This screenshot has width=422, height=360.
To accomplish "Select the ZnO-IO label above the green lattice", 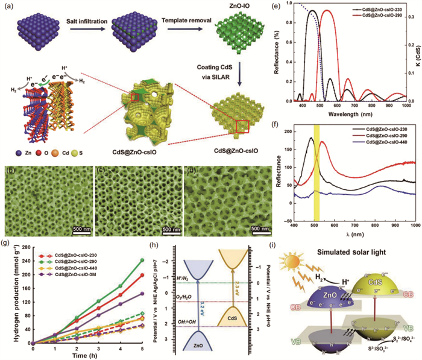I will [x=228, y=5].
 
